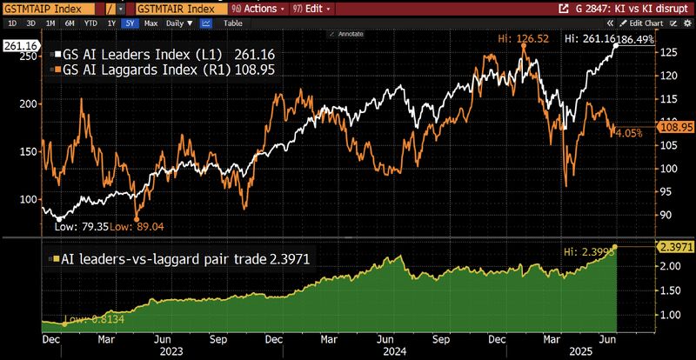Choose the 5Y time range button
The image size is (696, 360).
[x=130, y=23]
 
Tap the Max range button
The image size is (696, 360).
[x=151, y=23]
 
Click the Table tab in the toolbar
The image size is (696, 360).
[x=233, y=23]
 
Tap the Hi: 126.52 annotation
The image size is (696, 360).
[x=521, y=39]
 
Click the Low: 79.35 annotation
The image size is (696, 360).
[x=80, y=227]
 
